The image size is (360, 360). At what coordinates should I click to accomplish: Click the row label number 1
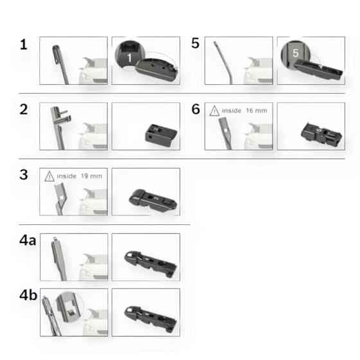(x=24, y=44)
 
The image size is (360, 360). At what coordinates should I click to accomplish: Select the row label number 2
(x=24, y=109)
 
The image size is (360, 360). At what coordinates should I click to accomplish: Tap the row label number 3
(x=24, y=175)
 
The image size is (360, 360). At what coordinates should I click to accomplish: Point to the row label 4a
(x=28, y=240)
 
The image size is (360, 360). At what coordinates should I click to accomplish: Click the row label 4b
(x=28, y=295)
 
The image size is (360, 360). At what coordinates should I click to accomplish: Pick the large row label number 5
(x=195, y=43)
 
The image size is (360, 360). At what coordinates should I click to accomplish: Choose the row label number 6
(x=195, y=109)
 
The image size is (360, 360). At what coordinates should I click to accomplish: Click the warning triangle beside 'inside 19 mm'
(x=50, y=176)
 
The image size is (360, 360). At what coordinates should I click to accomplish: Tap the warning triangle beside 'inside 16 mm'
(x=215, y=111)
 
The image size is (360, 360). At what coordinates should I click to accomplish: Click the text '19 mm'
(x=91, y=176)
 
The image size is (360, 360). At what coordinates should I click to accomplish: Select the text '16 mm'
(x=256, y=111)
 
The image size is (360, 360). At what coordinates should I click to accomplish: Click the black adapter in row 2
(x=161, y=135)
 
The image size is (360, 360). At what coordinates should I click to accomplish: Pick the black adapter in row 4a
(x=150, y=264)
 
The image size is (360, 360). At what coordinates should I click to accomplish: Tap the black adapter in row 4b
(x=150, y=319)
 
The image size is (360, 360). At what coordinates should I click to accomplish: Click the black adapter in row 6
(x=321, y=134)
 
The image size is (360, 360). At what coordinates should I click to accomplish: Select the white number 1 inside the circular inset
(x=129, y=58)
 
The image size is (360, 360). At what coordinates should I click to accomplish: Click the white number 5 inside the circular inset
(x=296, y=53)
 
